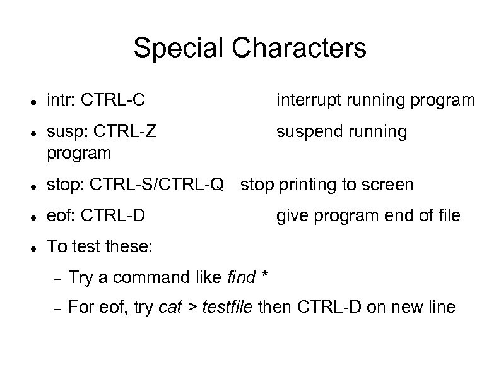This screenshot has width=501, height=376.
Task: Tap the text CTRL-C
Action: [112, 99]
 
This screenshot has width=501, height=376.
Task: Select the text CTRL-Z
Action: [124, 131]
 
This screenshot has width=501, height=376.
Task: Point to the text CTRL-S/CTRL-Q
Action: [157, 185]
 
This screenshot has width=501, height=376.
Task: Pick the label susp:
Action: [66, 131]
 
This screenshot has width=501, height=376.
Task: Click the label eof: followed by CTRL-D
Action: [61, 215]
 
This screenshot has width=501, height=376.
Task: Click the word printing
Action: [304, 185]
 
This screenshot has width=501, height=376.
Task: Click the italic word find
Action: [240, 277]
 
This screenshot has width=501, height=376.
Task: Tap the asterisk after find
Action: [264, 275]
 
